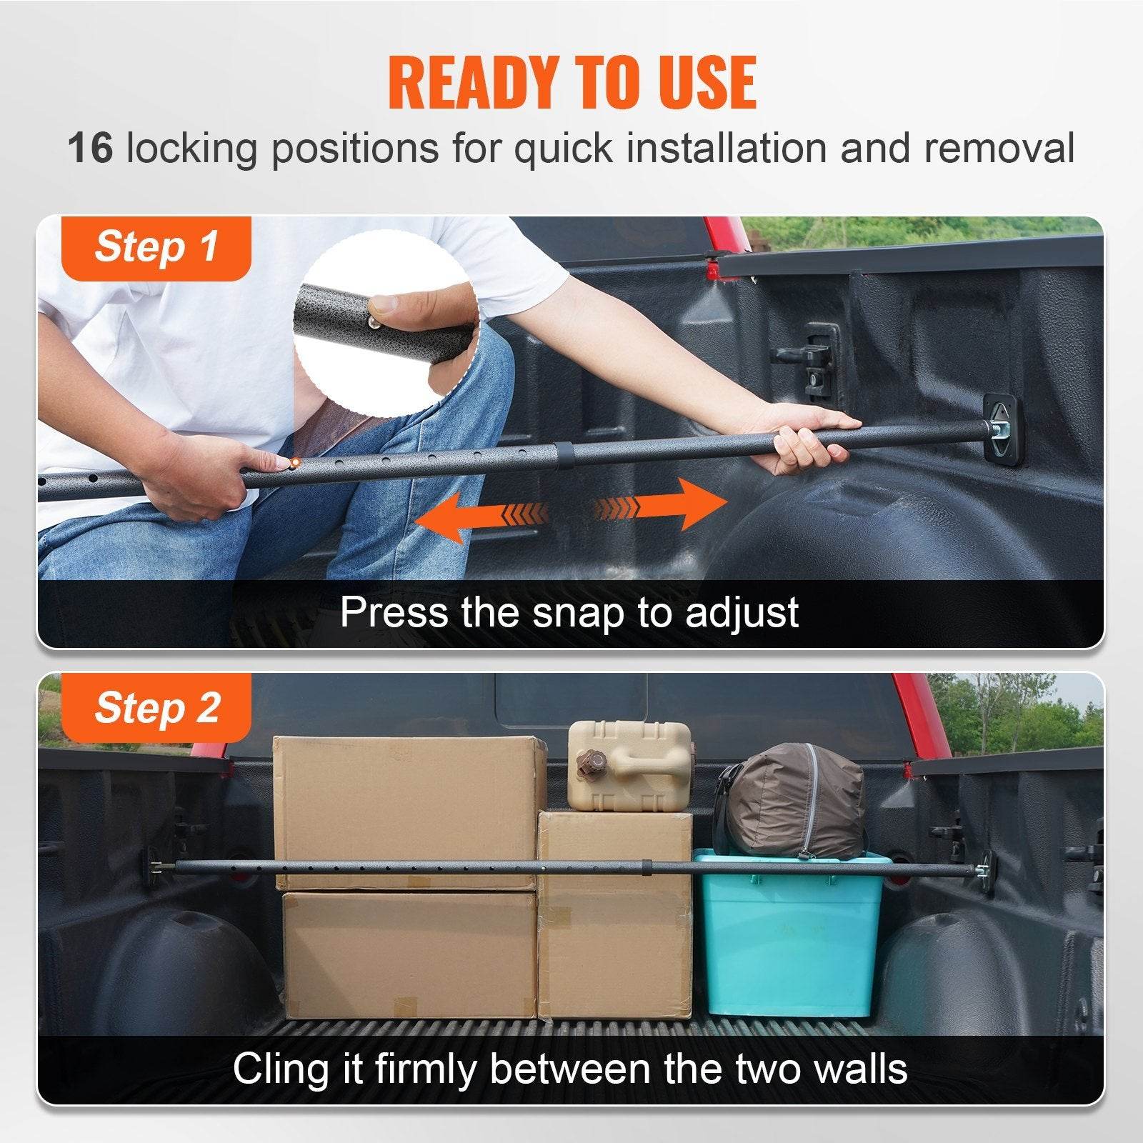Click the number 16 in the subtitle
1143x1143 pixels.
(x=90, y=148)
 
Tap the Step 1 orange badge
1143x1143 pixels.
(x=156, y=248)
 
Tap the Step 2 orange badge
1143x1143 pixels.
(x=156, y=708)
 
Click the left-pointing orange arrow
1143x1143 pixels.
(x=471, y=518)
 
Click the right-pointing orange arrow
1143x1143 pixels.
(x=664, y=504)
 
